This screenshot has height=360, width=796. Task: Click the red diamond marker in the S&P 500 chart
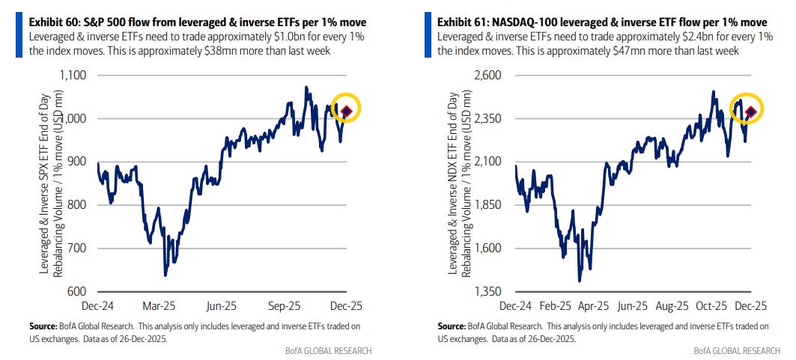coord(347,112)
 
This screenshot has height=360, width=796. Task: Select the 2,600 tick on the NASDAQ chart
coord(487,76)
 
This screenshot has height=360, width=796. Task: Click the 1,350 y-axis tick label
coord(487,291)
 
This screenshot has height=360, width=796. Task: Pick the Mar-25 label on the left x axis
coord(159,307)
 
